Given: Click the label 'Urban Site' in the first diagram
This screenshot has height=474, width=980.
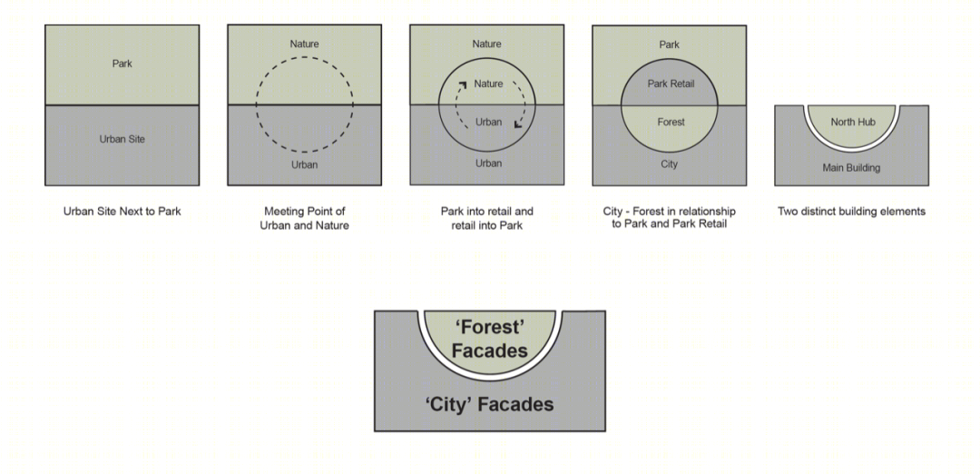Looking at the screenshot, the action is click(122, 139).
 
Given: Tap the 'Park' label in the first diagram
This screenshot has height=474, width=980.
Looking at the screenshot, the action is click(122, 64).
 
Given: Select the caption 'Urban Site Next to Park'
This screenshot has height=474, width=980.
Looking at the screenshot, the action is click(122, 212).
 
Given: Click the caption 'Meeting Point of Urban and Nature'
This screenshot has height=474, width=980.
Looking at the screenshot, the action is click(304, 218).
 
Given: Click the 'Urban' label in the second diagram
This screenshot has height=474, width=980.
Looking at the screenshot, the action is click(304, 164).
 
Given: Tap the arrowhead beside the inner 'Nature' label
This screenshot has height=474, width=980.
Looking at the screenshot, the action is click(464, 85).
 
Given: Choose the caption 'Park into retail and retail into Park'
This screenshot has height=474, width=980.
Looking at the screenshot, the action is click(487, 218).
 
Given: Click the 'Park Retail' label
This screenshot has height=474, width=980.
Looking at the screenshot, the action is click(671, 84).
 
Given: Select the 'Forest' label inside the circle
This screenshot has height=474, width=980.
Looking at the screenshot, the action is click(671, 122).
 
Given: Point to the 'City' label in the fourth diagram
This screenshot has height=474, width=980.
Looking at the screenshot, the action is click(670, 163).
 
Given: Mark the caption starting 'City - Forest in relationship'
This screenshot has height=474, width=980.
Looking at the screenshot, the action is click(670, 218).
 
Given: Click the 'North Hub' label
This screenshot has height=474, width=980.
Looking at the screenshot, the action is click(853, 122).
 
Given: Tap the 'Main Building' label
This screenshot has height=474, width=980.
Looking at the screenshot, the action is click(851, 168).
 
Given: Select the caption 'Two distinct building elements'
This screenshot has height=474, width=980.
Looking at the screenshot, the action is click(851, 212).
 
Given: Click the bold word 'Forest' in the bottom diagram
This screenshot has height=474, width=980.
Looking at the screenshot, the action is click(490, 327).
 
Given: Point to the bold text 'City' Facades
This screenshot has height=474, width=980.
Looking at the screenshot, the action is click(490, 404).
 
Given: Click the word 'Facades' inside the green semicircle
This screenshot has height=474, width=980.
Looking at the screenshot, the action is click(490, 351).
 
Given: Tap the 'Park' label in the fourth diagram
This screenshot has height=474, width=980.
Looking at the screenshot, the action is click(670, 44).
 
